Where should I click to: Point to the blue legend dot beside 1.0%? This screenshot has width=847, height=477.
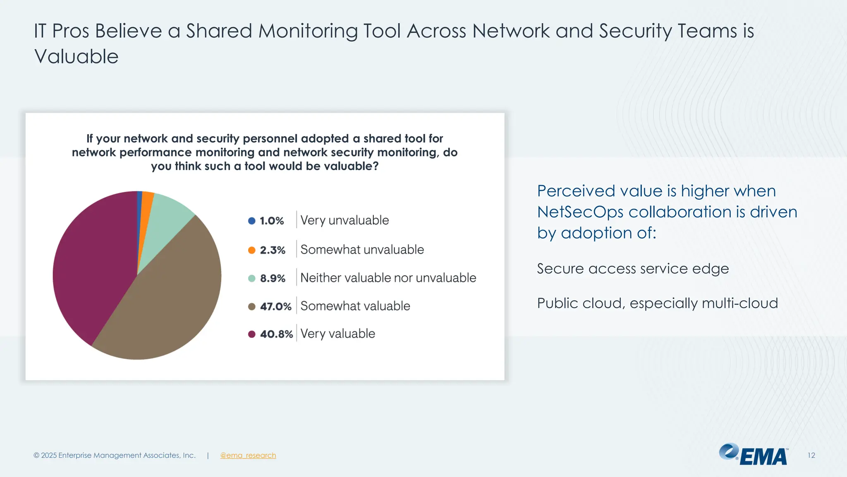pyautogui.click(x=251, y=221)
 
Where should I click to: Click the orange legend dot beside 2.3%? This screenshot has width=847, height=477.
pyautogui.click(x=251, y=250)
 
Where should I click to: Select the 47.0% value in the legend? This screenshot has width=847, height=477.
pyautogui.click(x=275, y=306)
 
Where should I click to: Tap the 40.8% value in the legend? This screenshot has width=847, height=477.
pyautogui.click(x=276, y=334)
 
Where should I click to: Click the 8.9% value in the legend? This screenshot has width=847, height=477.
pyautogui.click(x=273, y=278)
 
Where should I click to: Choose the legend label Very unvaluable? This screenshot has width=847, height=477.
pyautogui.click(x=345, y=220)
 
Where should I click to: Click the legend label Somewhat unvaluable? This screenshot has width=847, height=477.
pyautogui.click(x=362, y=250)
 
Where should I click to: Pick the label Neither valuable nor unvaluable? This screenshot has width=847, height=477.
pyautogui.click(x=388, y=278)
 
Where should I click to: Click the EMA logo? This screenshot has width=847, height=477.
pyautogui.click(x=754, y=455)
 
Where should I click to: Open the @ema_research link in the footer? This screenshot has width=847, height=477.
pyautogui.click(x=248, y=455)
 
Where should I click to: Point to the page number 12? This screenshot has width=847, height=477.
pyautogui.click(x=811, y=455)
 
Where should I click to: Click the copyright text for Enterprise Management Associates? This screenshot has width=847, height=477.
pyautogui.click(x=115, y=455)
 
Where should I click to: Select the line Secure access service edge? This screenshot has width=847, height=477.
pyautogui.click(x=632, y=269)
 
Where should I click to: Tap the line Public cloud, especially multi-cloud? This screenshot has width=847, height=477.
pyautogui.click(x=657, y=303)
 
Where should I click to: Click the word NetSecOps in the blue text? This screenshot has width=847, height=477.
pyautogui.click(x=580, y=212)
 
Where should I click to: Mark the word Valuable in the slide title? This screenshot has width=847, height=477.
pyautogui.click(x=77, y=57)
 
